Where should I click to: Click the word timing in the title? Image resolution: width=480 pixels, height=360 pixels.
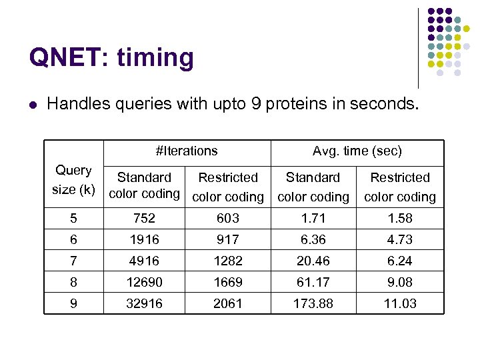[x=155, y=59]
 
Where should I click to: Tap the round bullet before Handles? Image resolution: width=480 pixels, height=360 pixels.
[x=33, y=104]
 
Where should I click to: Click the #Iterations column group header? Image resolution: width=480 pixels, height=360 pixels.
[x=187, y=151]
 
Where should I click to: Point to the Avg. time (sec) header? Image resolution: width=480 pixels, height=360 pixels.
[x=357, y=151]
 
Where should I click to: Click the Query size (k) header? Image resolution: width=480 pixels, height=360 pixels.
[x=73, y=180]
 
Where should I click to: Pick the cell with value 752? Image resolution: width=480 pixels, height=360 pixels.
[x=144, y=218]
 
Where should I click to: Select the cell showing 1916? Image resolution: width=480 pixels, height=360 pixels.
[x=144, y=239]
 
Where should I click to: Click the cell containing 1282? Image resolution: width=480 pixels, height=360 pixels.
[x=228, y=261]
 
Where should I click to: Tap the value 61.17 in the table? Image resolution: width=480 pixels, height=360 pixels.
[x=313, y=282]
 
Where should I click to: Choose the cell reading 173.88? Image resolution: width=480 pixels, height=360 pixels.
[x=313, y=303]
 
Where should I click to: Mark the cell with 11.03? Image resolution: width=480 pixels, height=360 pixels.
[x=400, y=303]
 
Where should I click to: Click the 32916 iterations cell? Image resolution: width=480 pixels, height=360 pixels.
[x=144, y=303]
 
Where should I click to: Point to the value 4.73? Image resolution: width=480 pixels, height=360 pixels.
[x=400, y=239]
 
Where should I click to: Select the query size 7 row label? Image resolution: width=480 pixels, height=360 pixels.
[x=73, y=261]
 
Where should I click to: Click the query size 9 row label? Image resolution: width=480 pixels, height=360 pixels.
[x=73, y=303]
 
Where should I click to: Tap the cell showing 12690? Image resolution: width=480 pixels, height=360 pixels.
[x=144, y=282]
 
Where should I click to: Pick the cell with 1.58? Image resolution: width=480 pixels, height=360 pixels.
[x=400, y=218]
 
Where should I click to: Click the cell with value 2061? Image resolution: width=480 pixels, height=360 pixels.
[x=228, y=303]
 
